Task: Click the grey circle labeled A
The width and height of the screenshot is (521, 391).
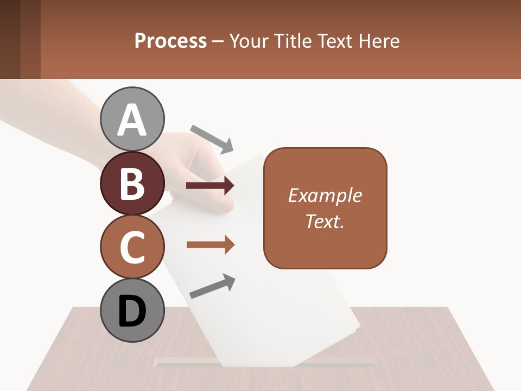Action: (132, 119)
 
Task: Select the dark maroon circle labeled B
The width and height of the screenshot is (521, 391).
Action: (132, 183)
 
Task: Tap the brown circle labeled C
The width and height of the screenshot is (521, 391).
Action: (132, 247)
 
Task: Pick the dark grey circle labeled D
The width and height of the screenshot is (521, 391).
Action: (132, 310)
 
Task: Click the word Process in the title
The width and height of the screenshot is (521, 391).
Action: (170, 41)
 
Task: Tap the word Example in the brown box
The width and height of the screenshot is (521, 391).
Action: (325, 195)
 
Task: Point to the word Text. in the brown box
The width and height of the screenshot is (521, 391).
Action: (325, 221)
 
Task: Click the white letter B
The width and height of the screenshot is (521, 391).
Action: (132, 183)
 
